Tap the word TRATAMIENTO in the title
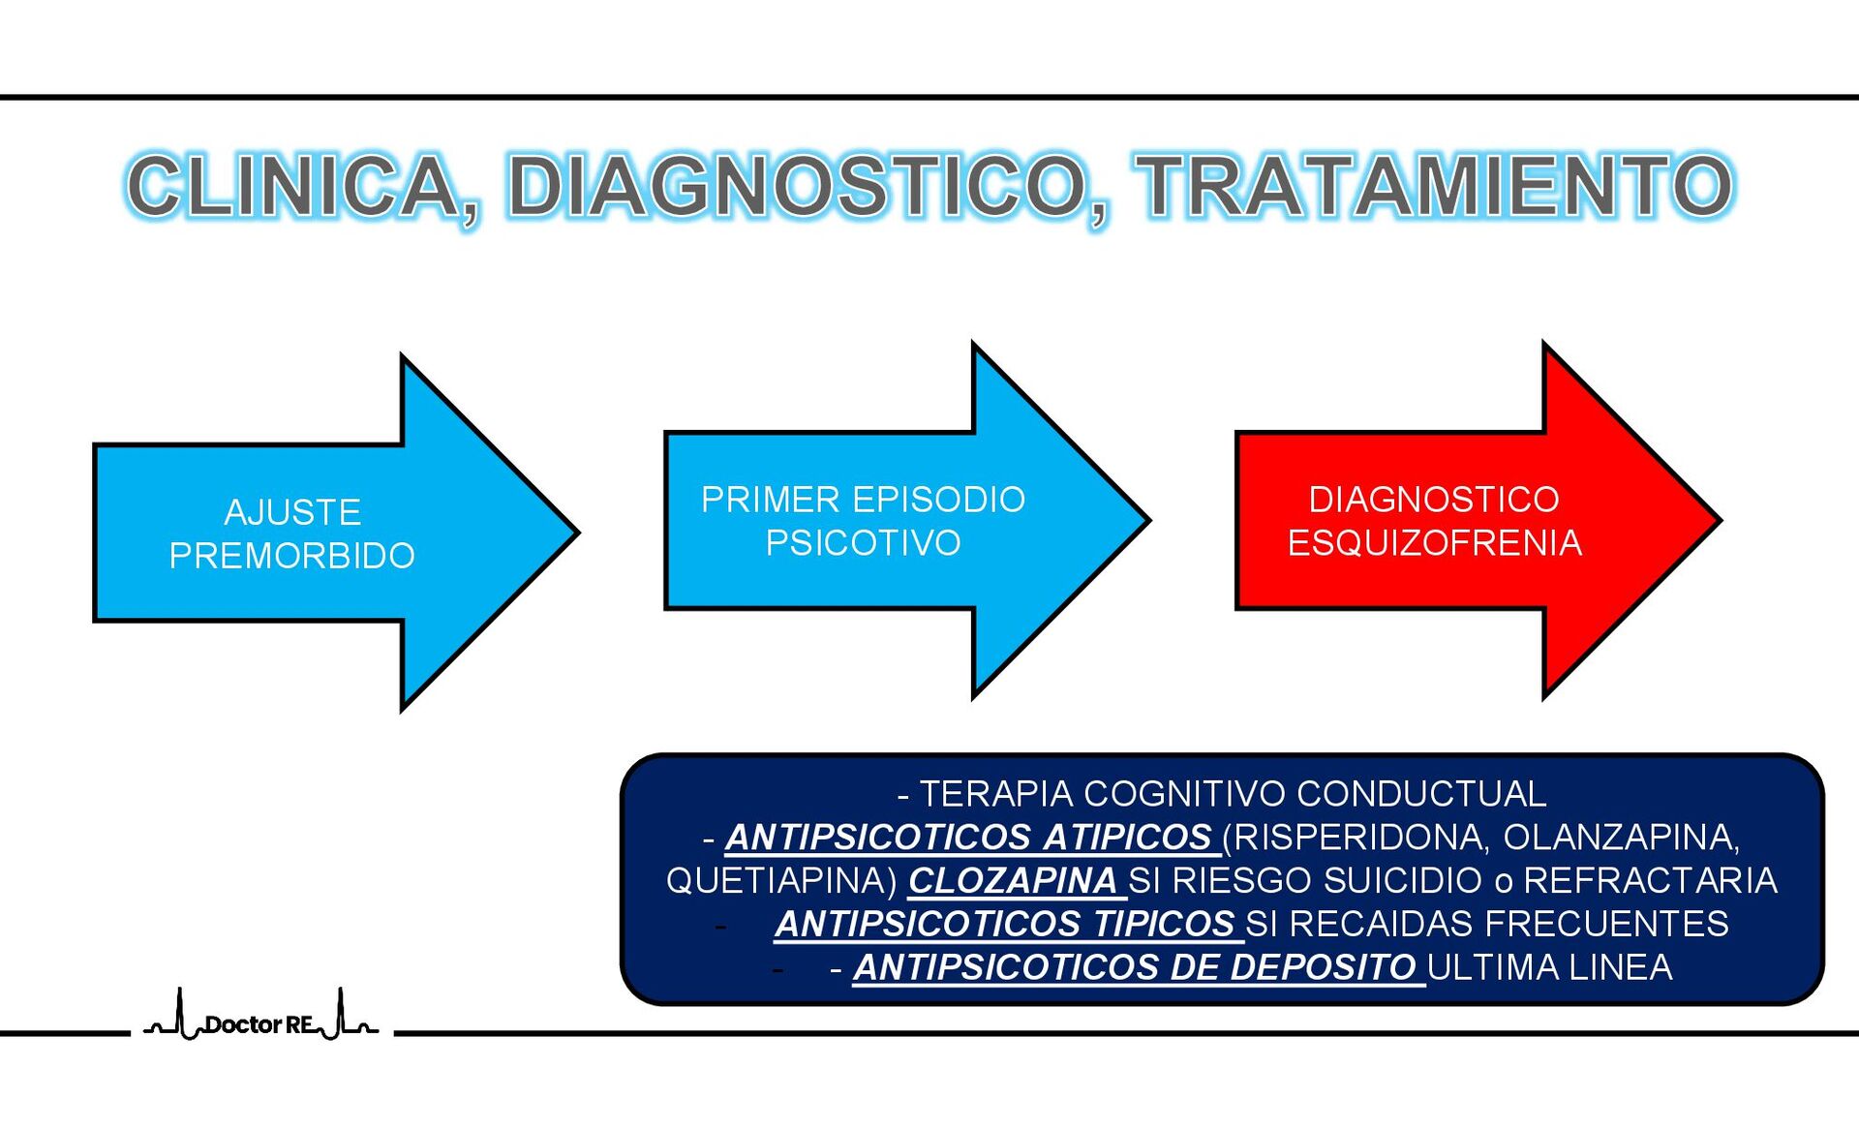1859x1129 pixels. (1435, 186)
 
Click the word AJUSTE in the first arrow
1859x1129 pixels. (292, 512)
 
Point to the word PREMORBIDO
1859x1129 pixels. (292, 556)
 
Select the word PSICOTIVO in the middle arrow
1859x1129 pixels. (863, 543)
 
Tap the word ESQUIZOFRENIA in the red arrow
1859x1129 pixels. (1434, 543)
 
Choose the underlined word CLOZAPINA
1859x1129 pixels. (1013, 880)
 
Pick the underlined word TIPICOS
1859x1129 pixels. (1164, 924)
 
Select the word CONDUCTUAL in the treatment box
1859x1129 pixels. (1421, 794)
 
